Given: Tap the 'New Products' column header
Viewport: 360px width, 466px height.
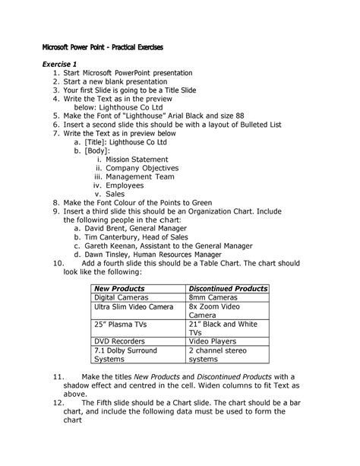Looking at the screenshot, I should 119,289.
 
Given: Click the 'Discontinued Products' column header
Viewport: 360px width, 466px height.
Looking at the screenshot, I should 228,289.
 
